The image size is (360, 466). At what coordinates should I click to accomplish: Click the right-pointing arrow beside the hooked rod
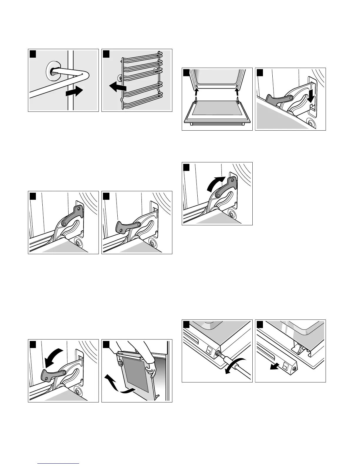pyautogui.click(x=73, y=92)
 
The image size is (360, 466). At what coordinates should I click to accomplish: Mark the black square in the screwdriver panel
pyautogui.click(x=186, y=324)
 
